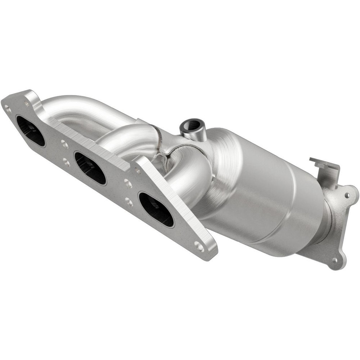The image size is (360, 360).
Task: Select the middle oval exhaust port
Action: pos(90,168)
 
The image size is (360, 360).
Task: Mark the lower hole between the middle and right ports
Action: pos(129,202)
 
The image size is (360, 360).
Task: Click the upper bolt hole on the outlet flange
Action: pos(347,195)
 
